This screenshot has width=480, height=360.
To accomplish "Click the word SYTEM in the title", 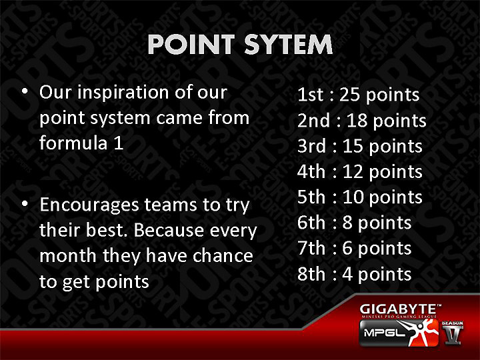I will point(288,45).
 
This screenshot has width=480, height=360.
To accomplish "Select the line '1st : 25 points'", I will point(358,95).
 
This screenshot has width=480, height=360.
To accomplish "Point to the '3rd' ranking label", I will point(311,146).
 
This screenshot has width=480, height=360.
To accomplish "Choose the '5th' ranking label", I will point(311,197).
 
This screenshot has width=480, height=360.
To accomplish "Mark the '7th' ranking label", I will point(311,248).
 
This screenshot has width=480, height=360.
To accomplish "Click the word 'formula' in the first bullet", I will point(71,143).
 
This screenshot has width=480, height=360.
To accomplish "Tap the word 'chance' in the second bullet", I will point(222,255).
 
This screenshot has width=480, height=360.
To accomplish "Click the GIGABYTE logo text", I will point(400,309).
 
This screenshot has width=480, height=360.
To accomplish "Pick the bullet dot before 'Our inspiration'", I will point(25,92).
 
